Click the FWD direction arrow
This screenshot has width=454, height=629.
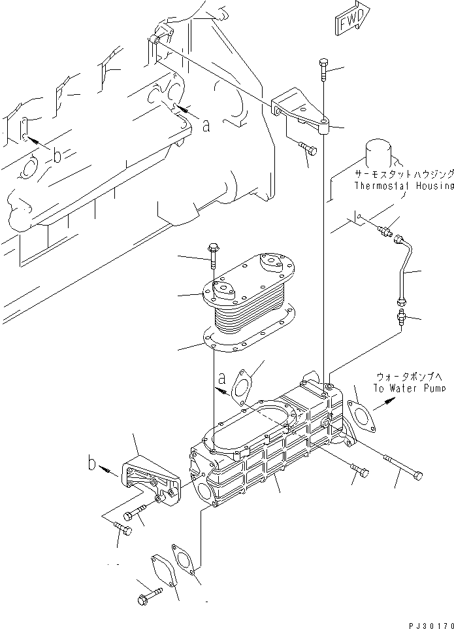point(349,22)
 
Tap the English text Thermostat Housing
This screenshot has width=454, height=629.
point(404,186)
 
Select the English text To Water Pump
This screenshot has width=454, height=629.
point(410,388)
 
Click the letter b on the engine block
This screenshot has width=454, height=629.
point(57,156)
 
